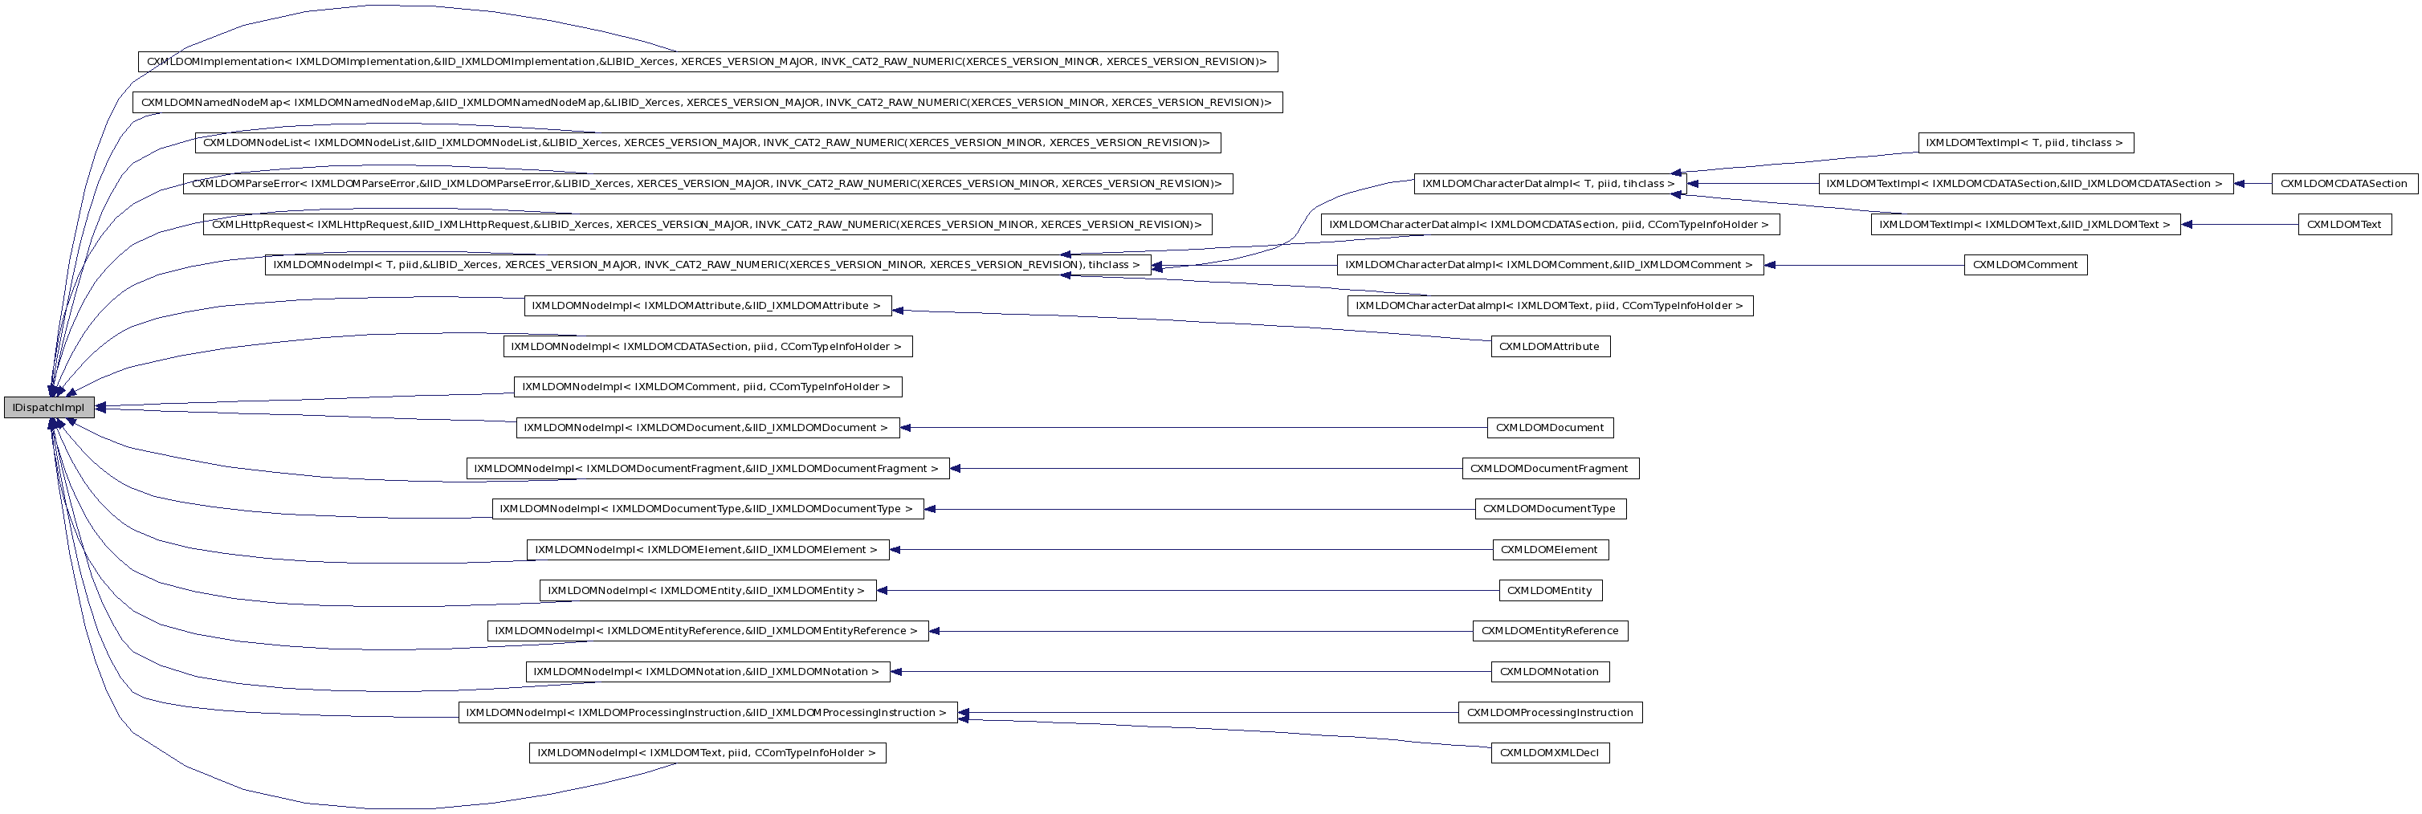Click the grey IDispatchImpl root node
pyautogui.click(x=49, y=408)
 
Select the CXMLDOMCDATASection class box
pyautogui.click(x=2343, y=184)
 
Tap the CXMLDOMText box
pyautogui.click(x=2344, y=225)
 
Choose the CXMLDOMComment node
pyautogui.click(x=2024, y=265)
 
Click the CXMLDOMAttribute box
pyautogui.click(x=1548, y=347)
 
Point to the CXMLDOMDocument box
pyautogui.click(x=1548, y=428)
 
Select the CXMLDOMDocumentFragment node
pyautogui.click(x=1548, y=468)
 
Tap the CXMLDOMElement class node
pyautogui.click(x=1548, y=550)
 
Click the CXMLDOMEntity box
pyautogui.click(x=1548, y=590)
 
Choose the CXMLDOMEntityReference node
pyautogui.click(x=1548, y=631)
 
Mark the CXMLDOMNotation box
pyautogui.click(x=1548, y=672)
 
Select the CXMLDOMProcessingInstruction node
pyautogui.click(x=1548, y=713)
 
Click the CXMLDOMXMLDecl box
pyautogui.click(x=1548, y=753)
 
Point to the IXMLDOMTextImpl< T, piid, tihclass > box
pyautogui.click(x=2024, y=143)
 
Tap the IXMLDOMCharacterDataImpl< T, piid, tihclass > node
pyautogui.click(x=1548, y=184)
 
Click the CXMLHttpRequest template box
pyautogui.click(x=707, y=225)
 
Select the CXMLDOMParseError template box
pyautogui.click(x=707, y=184)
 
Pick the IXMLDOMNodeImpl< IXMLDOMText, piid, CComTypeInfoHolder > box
pyautogui.click(x=707, y=753)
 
